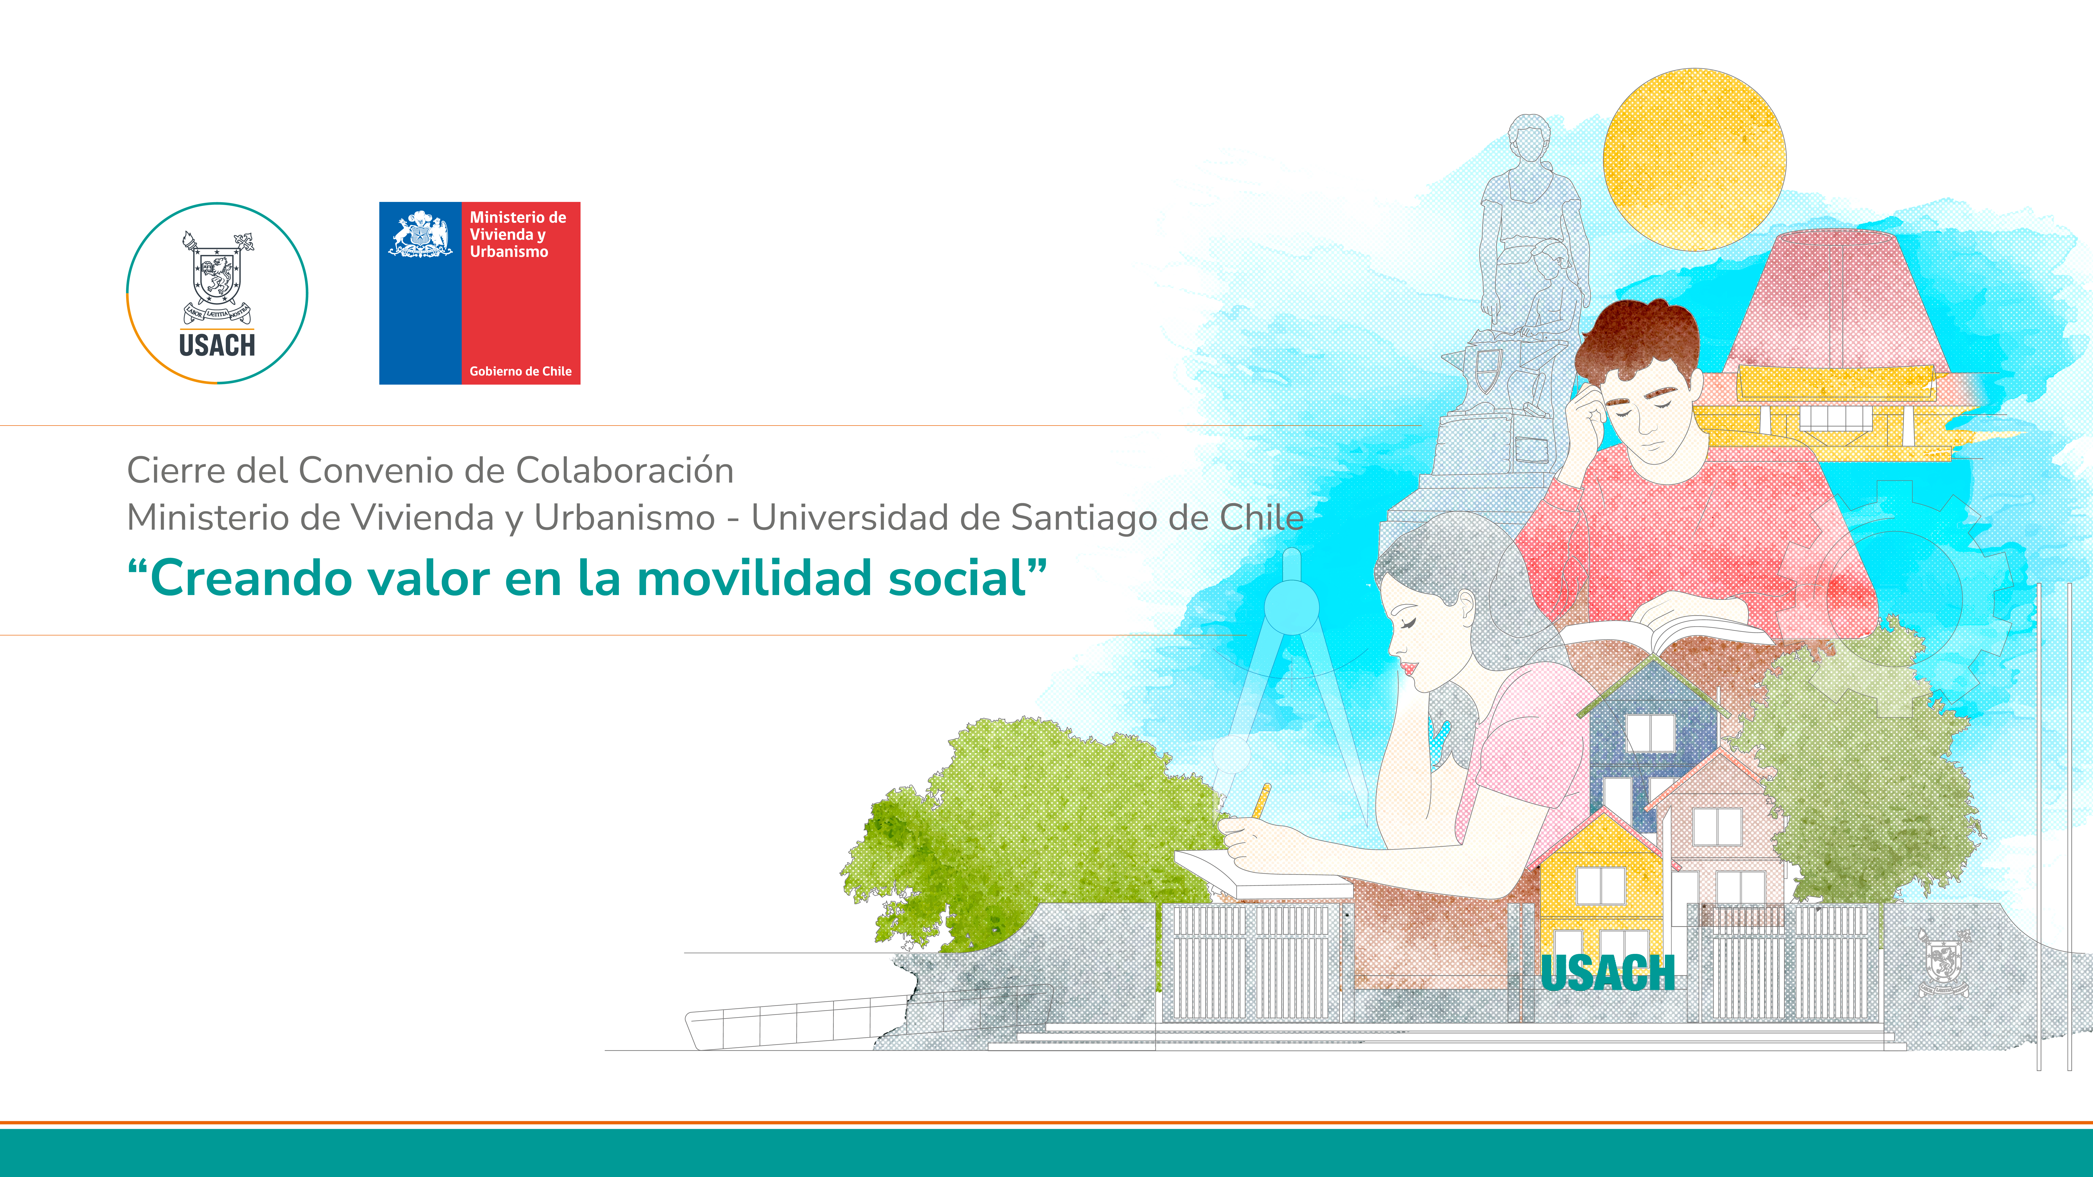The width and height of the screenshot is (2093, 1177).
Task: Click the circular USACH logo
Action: pyautogui.click(x=217, y=293)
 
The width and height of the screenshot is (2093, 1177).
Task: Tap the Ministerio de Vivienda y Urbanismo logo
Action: pyautogui.click(x=479, y=293)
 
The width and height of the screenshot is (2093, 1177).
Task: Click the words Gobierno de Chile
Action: pyautogui.click(x=520, y=371)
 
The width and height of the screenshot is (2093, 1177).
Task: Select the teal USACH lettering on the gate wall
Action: pyautogui.click(x=1608, y=973)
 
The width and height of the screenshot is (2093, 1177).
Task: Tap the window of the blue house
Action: pyautogui.click(x=1649, y=733)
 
